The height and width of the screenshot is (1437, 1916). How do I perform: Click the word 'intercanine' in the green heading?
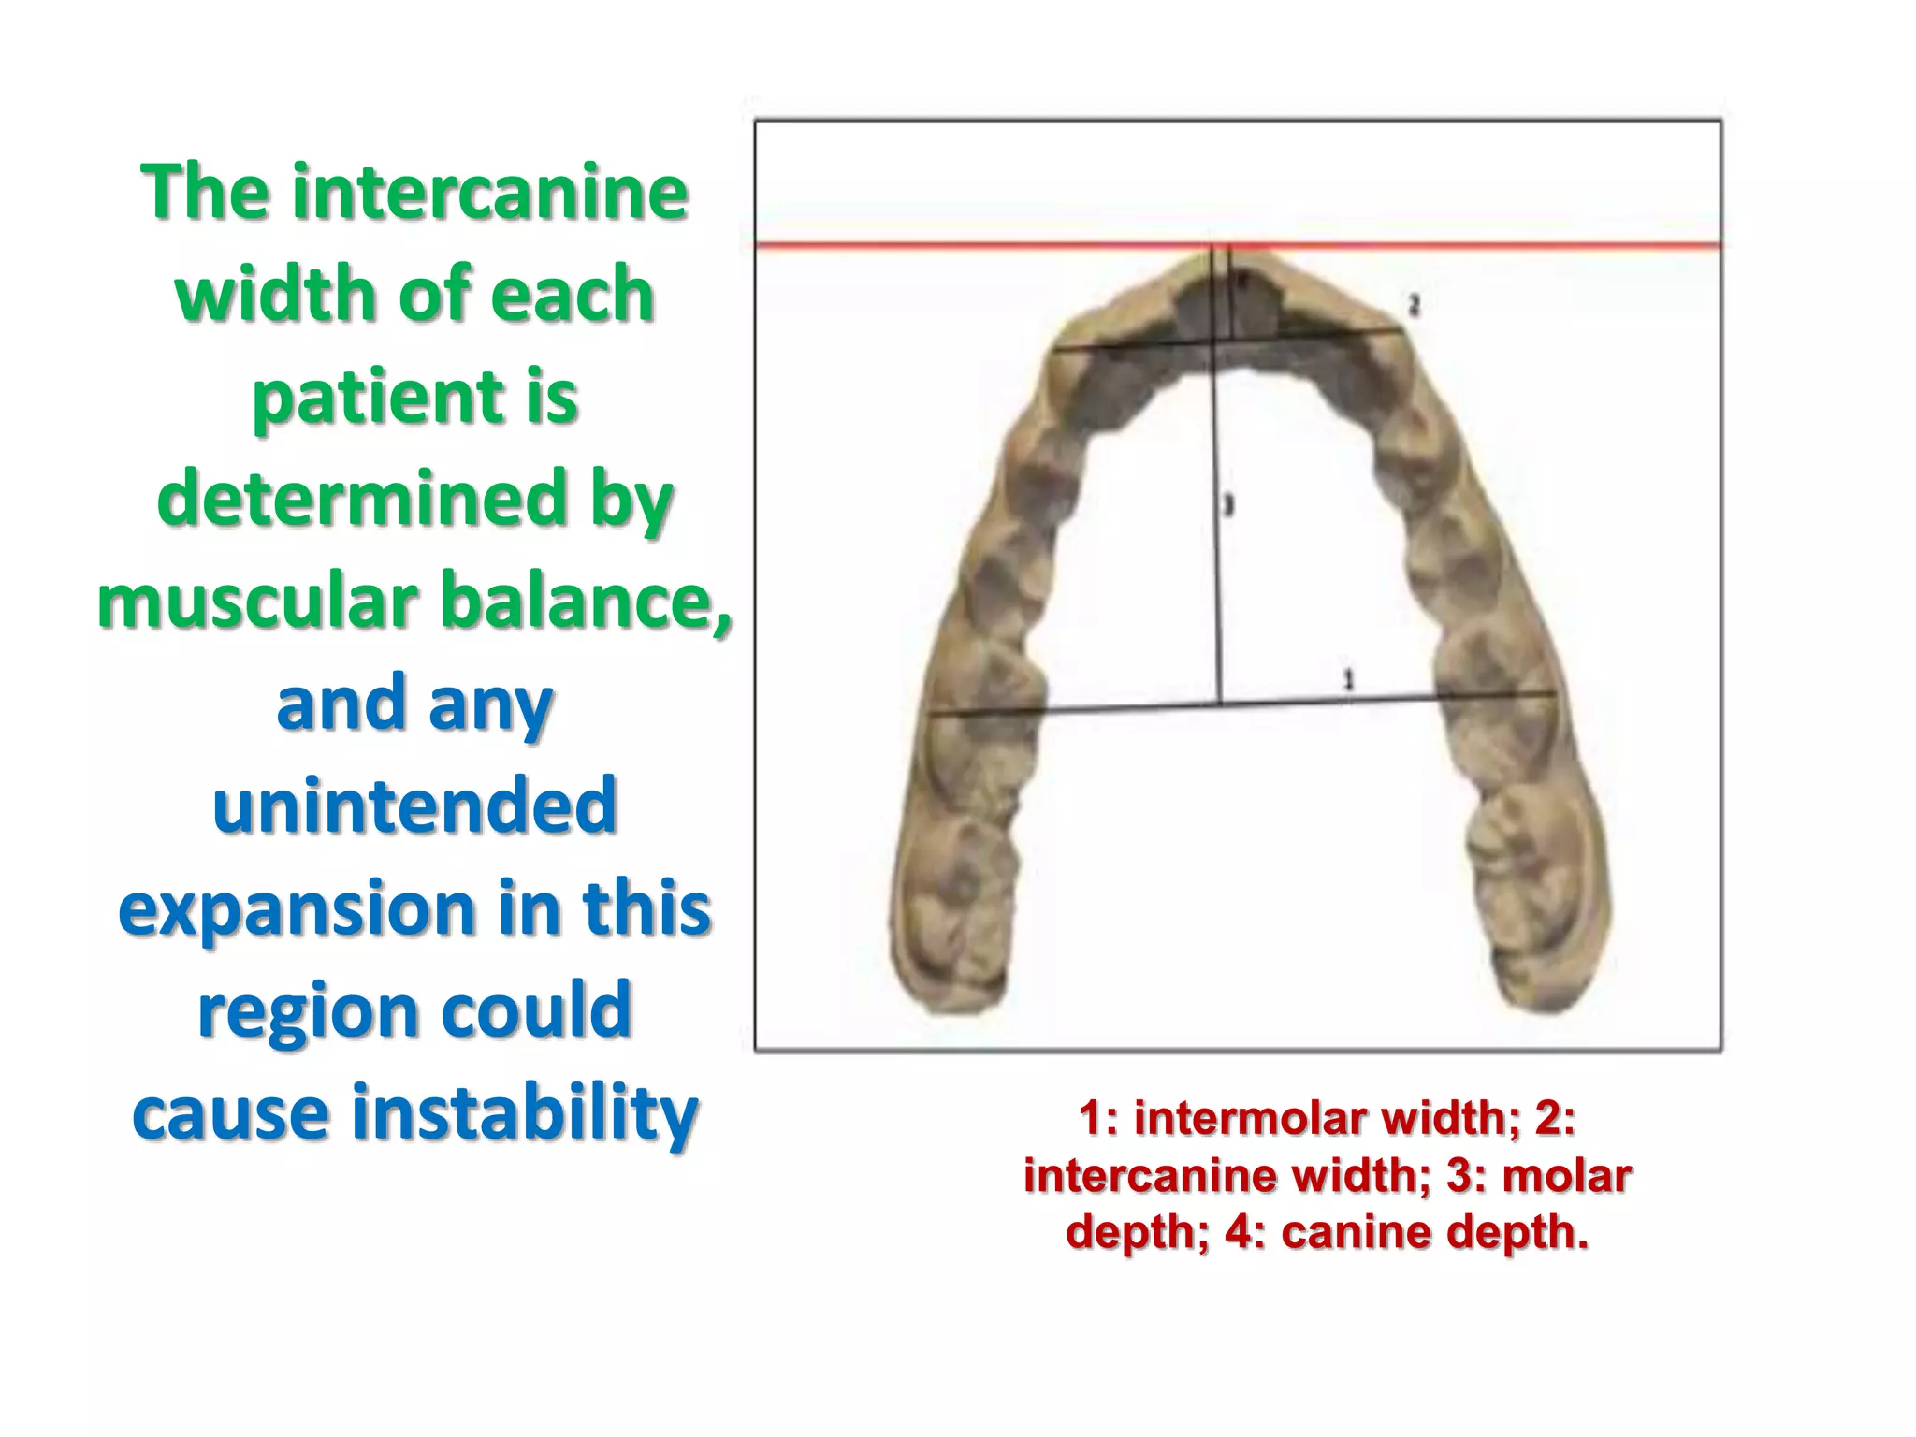pyautogui.click(x=489, y=193)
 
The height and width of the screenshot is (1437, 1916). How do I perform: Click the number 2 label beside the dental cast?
pyautogui.click(x=1414, y=305)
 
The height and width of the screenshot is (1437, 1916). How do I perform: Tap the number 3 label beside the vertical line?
pyautogui.click(x=1229, y=506)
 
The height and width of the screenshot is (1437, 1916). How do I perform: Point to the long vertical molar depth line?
pyautogui.click(x=1217, y=561)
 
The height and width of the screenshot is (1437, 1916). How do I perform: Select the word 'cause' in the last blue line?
pyautogui.click(x=231, y=1113)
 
